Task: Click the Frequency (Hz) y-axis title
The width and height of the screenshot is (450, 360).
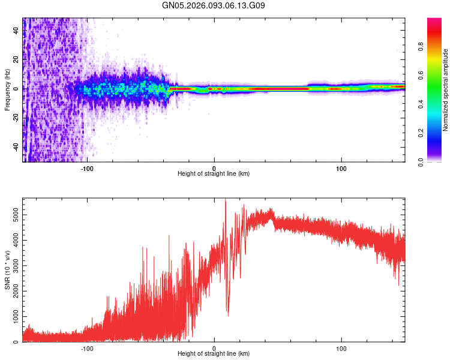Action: pos(7,90)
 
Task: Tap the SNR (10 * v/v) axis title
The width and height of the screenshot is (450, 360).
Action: pos(7,270)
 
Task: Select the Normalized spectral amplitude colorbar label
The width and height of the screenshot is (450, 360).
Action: pos(446,90)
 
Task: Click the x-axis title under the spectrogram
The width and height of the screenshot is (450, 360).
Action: pos(214,174)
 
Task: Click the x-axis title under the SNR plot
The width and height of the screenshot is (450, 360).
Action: pos(214,354)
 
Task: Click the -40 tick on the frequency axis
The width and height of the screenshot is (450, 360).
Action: pos(16,148)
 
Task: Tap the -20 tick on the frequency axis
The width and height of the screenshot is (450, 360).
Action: pos(16,118)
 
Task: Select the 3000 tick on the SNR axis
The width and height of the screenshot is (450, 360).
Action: pos(13,265)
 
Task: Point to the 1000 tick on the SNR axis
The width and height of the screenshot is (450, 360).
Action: pos(13,316)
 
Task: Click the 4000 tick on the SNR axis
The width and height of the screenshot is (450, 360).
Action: pos(13,240)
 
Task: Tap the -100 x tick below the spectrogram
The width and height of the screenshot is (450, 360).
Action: pos(88,168)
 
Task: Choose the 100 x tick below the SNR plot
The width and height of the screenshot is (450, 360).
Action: pos(341,348)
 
